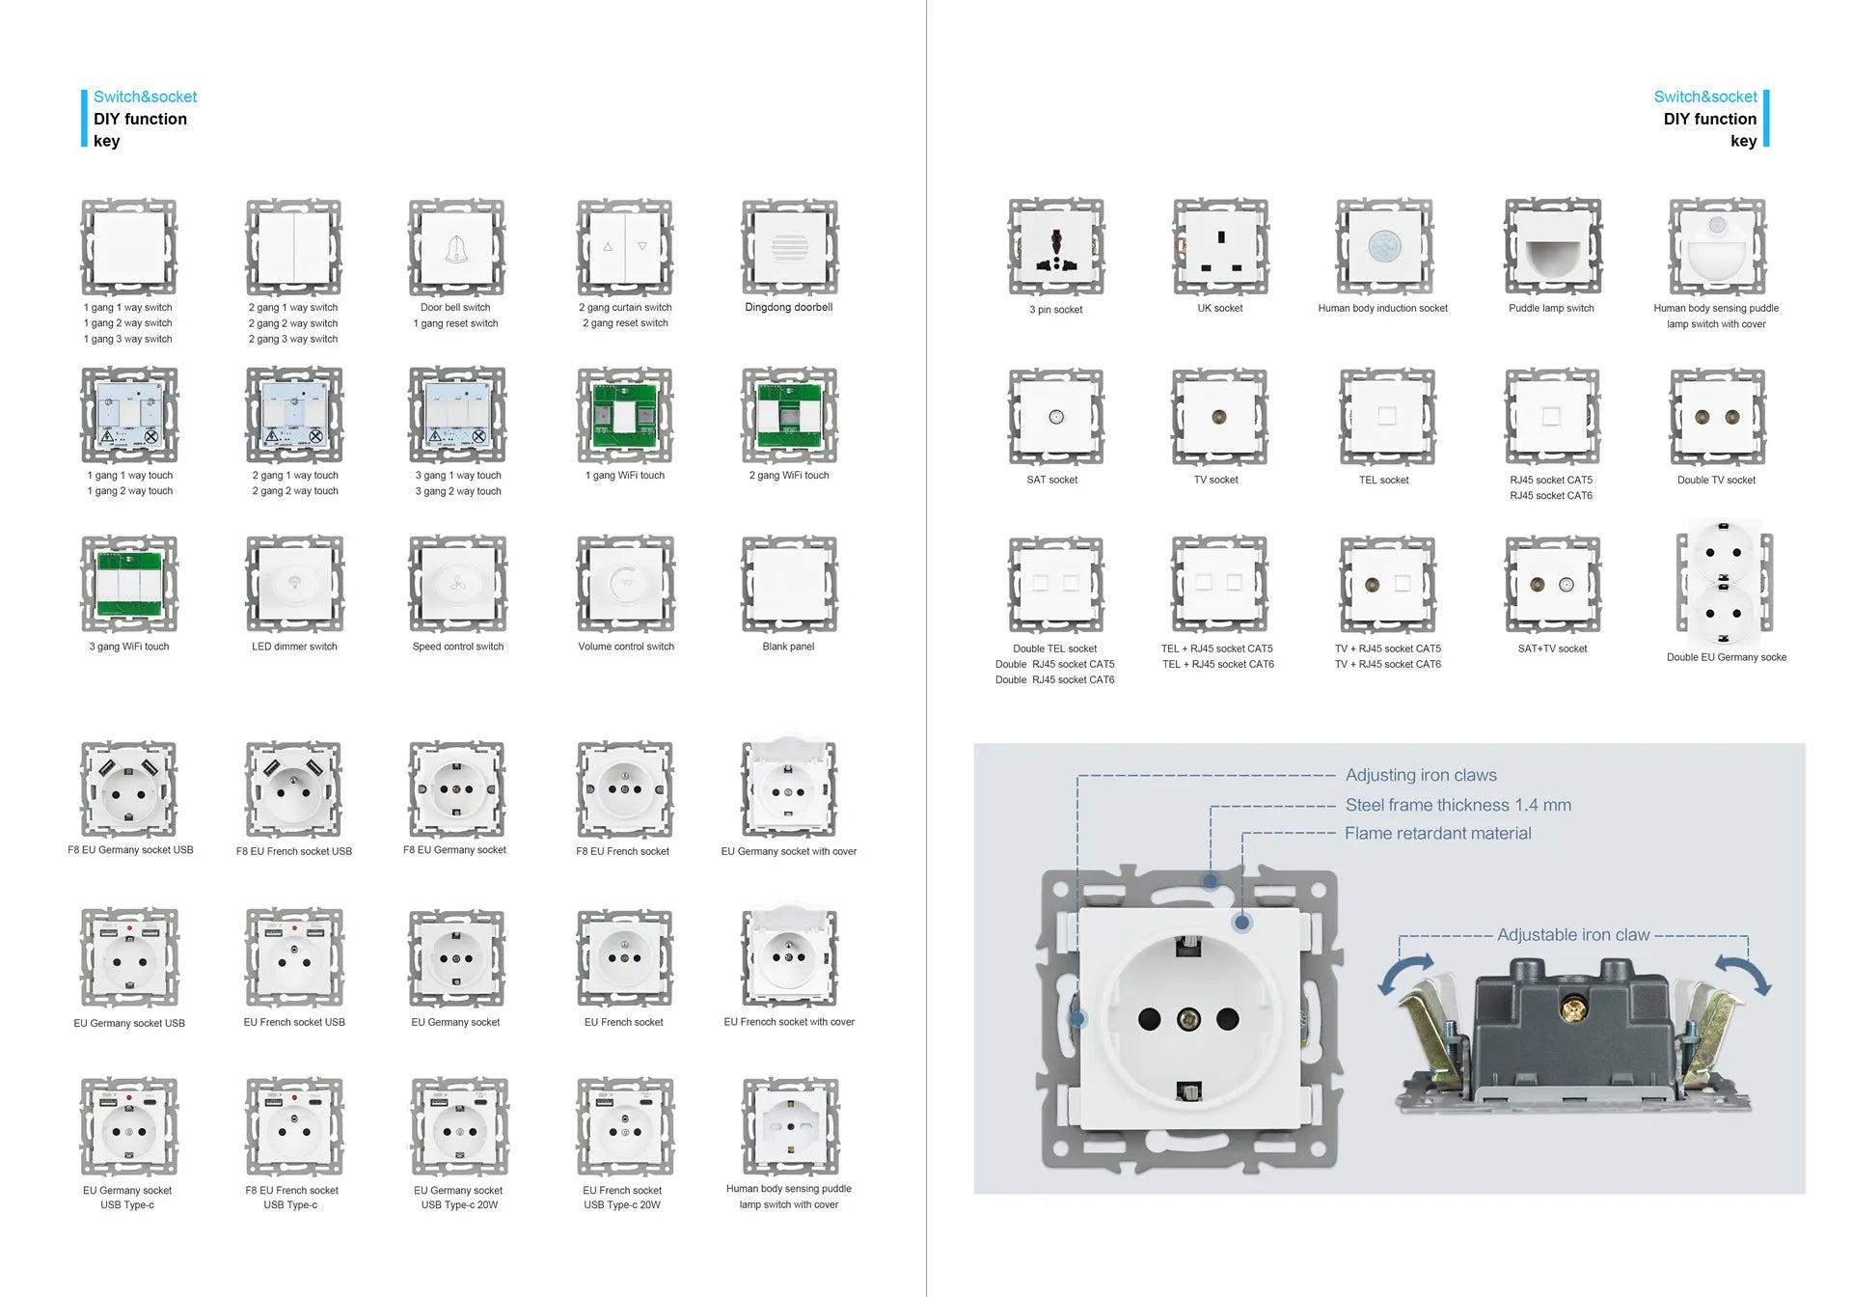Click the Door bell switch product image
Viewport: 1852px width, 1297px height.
coord(456,248)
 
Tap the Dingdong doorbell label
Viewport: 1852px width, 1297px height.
coord(788,307)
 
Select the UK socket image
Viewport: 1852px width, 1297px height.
coord(1220,247)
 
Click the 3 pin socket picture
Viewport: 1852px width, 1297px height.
coord(1056,247)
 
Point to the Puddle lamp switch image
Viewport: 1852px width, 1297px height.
coord(1552,247)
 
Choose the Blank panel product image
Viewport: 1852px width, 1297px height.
coord(788,585)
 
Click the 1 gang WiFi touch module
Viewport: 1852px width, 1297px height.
coord(624,416)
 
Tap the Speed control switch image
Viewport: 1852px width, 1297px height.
coord(457,585)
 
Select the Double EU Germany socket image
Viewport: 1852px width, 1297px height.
coord(1724,583)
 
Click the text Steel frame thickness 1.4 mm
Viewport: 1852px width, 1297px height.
coord(1457,805)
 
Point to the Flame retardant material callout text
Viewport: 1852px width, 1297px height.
coord(1437,833)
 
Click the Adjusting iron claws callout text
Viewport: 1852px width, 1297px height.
coord(1421,775)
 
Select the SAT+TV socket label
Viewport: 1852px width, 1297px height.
coord(1552,648)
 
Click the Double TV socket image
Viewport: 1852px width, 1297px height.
coord(1717,417)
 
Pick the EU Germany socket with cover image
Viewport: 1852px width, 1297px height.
coord(788,788)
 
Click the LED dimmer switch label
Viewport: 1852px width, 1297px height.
coord(294,647)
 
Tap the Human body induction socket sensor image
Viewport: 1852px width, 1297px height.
coord(1384,247)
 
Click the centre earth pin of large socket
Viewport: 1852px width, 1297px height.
coord(1188,1018)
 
